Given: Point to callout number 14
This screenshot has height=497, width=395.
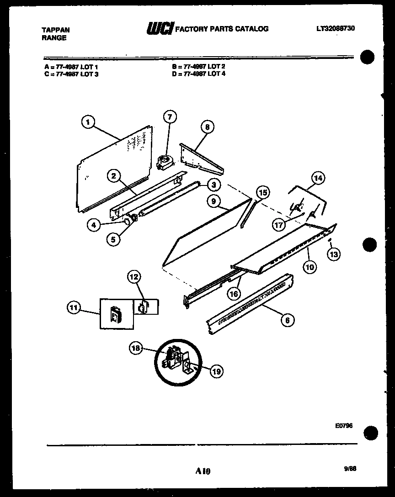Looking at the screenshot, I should [x=317, y=178].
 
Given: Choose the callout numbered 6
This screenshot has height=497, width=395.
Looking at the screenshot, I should [x=287, y=320].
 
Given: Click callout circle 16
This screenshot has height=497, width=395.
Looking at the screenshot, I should [x=234, y=294].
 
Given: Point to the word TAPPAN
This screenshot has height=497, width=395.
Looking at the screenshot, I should [x=56, y=30].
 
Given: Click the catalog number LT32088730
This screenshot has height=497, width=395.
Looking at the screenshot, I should [x=336, y=28].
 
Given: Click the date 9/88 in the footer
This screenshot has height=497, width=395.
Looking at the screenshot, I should [x=350, y=468].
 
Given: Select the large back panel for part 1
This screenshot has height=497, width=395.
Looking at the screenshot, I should [x=114, y=169].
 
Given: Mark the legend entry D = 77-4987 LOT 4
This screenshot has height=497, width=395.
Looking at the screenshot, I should [x=199, y=73].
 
